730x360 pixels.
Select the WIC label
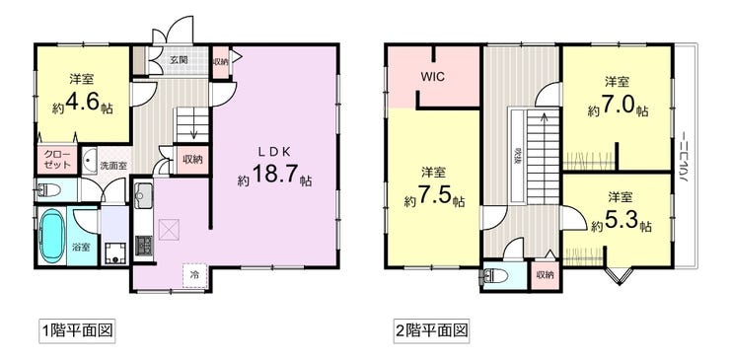click(x=432, y=75)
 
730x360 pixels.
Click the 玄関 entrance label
click(x=177, y=60)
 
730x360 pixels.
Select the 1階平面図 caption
click(x=75, y=329)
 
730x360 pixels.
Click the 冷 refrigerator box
click(x=194, y=274)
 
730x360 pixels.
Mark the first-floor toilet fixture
click(x=45, y=189)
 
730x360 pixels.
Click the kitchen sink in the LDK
click(x=143, y=193)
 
